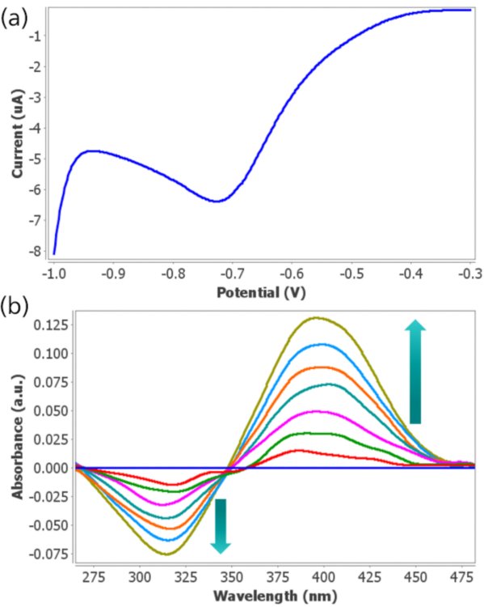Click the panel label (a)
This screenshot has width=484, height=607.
click(18, 18)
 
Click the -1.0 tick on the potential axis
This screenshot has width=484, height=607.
click(53, 274)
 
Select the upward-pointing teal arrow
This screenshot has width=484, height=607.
click(415, 371)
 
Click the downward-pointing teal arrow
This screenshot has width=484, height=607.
click(221, 525)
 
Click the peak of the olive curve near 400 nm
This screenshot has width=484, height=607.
click(321, 317)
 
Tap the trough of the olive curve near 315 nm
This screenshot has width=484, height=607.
click(167, 554)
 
